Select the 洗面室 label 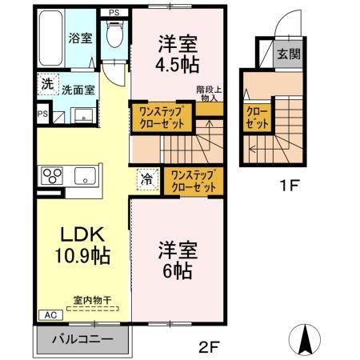[81, 90]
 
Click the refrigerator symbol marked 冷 [147, 180]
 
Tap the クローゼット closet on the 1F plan [256, 118]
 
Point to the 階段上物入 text [208, 94]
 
